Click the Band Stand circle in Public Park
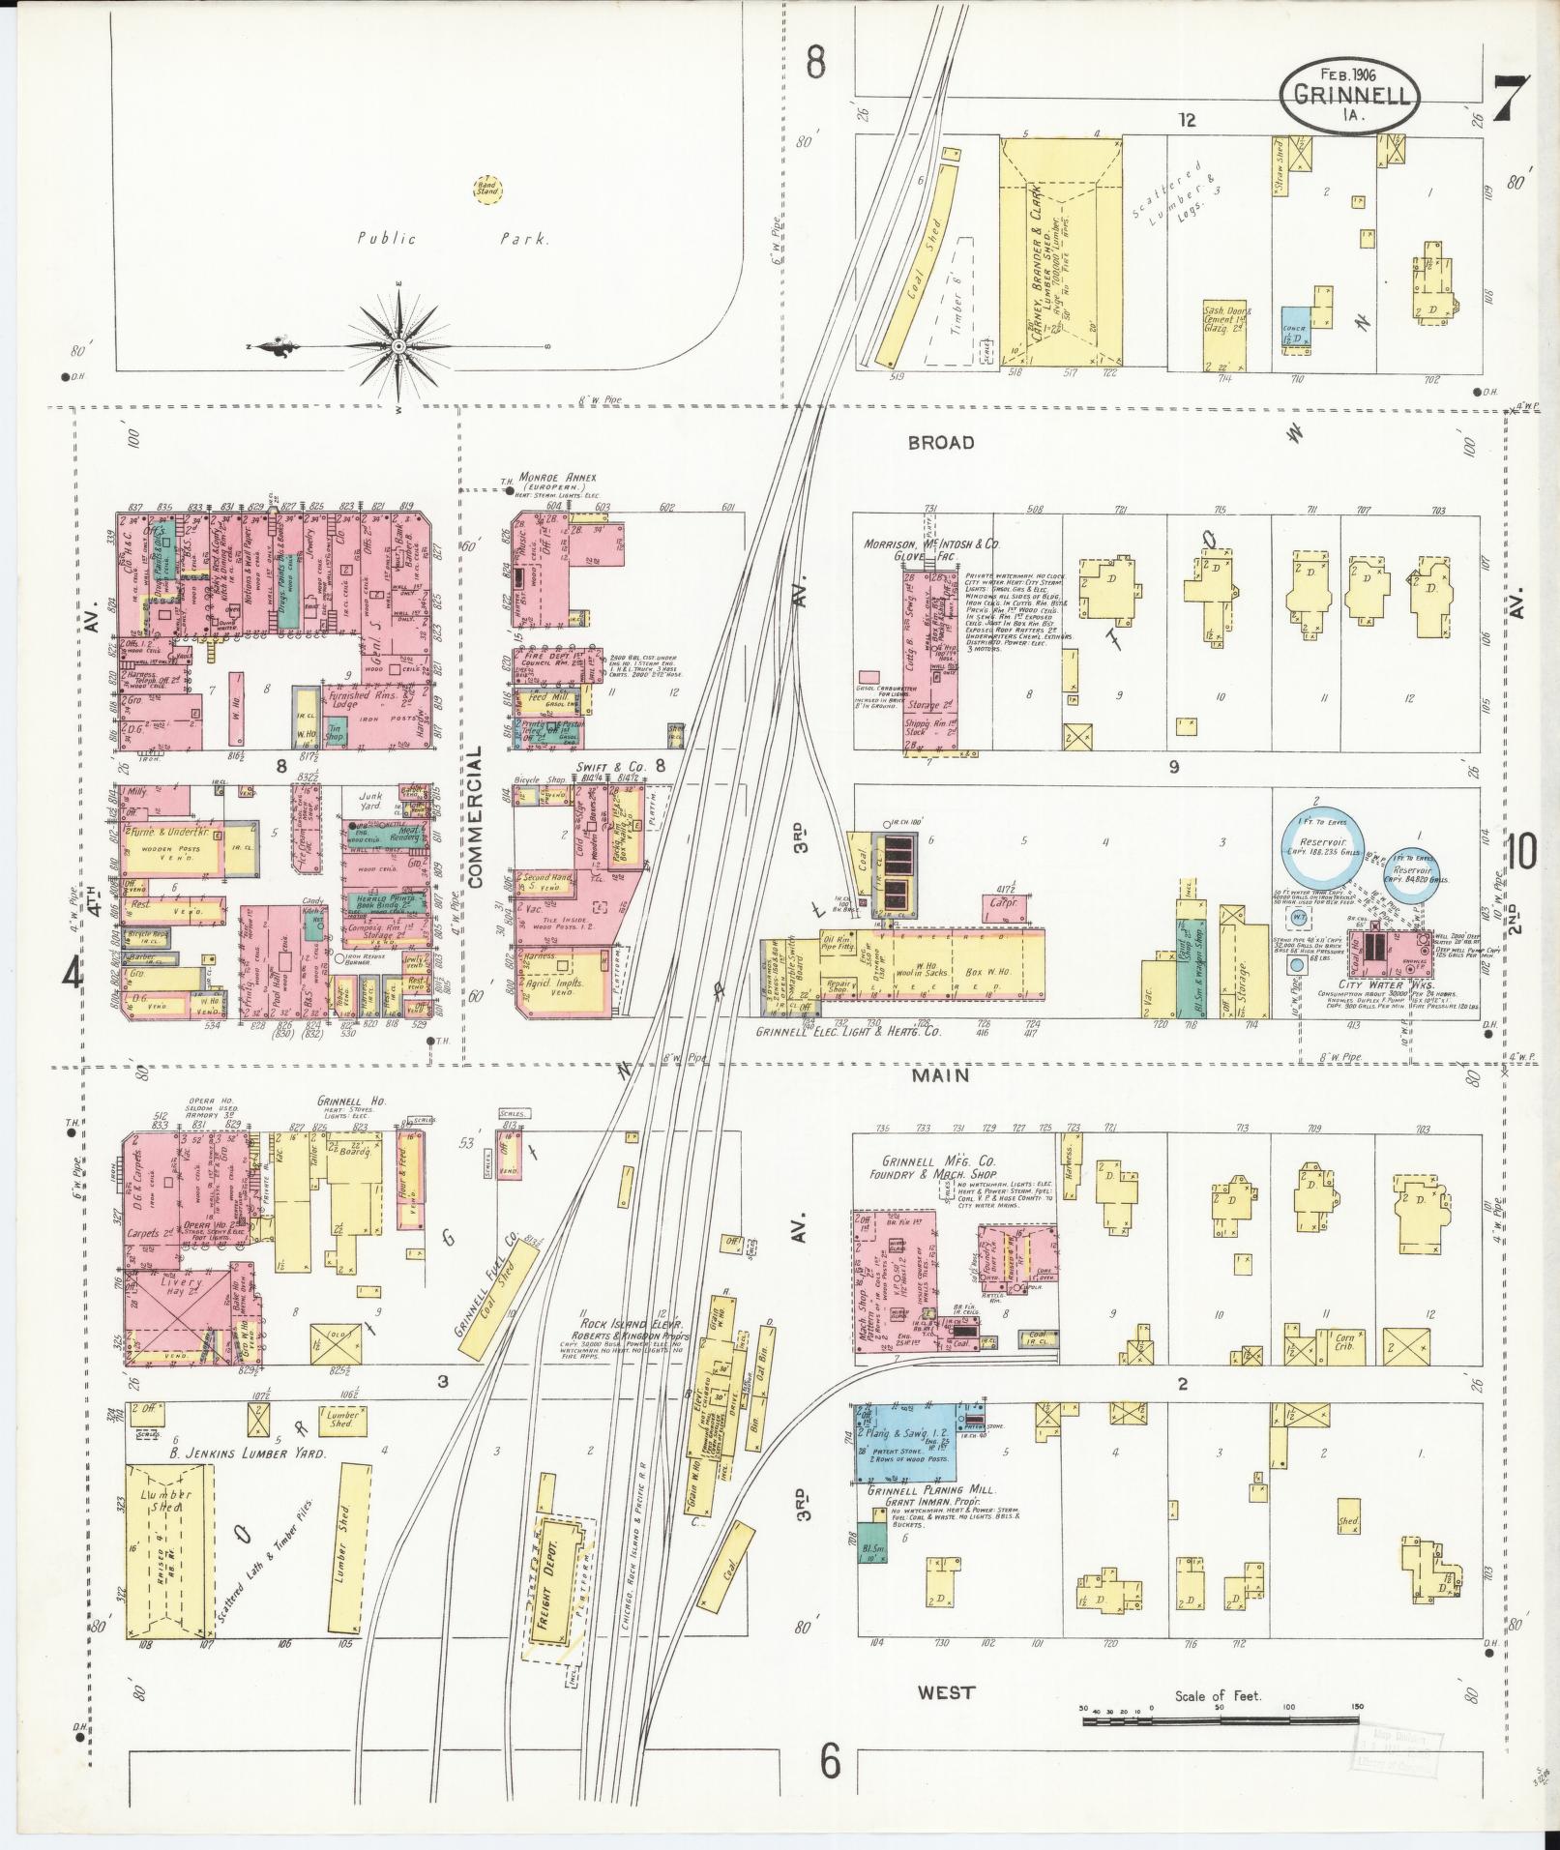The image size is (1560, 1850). (486, 188)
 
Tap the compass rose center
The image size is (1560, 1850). (398, 345)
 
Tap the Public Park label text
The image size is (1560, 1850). (453, 239)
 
